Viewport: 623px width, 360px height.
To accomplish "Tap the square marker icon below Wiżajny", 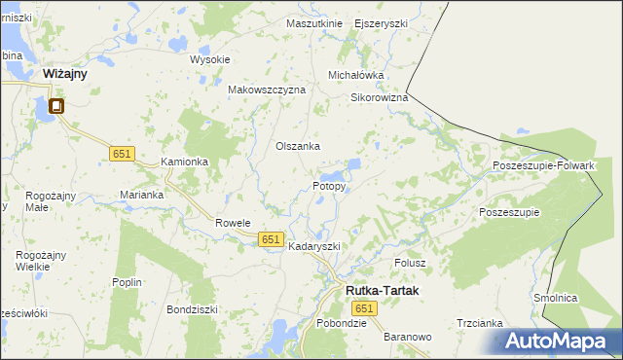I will (56, 106).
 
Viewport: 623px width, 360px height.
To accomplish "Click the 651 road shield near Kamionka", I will (121, 154).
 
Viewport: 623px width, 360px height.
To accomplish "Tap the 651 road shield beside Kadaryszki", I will (271, 239).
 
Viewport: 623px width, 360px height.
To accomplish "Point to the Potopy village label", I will (329, 185).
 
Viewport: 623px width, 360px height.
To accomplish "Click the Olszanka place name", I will (298, 146).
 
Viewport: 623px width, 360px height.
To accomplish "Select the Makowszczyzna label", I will (267, 89).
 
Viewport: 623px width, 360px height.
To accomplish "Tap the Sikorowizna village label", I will (379, 97).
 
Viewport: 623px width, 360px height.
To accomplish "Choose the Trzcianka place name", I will (479, 323).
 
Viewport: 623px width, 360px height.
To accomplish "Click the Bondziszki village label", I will (192, 309).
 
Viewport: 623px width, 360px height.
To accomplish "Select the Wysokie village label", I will (209, 59).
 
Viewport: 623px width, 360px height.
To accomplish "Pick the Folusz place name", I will (411, 263).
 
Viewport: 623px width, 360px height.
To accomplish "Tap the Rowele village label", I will (234, 222).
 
